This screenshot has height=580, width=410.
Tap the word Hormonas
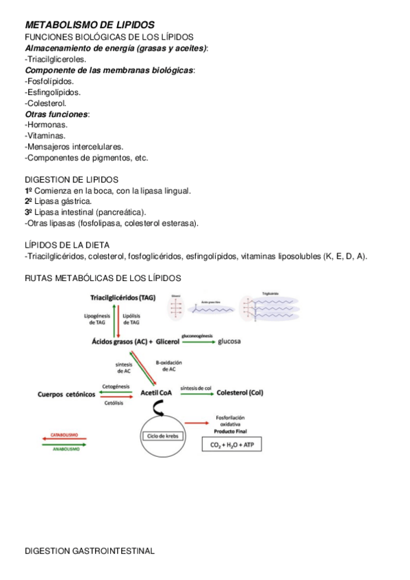(x=47, y=124)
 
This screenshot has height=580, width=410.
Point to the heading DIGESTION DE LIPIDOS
(x=71, y=179)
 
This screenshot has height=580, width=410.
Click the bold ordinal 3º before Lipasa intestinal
(x=29, y=212)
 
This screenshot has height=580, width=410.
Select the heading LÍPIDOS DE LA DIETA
(x=67, y=245)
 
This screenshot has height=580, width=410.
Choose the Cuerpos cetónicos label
(x=66, y=393)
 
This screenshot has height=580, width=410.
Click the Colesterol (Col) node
(x=240, y=393)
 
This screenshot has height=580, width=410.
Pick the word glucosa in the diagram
(x=229, y=341)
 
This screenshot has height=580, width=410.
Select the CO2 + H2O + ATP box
(x=231, y=445)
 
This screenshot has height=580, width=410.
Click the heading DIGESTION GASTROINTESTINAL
(x=90, y=551)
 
